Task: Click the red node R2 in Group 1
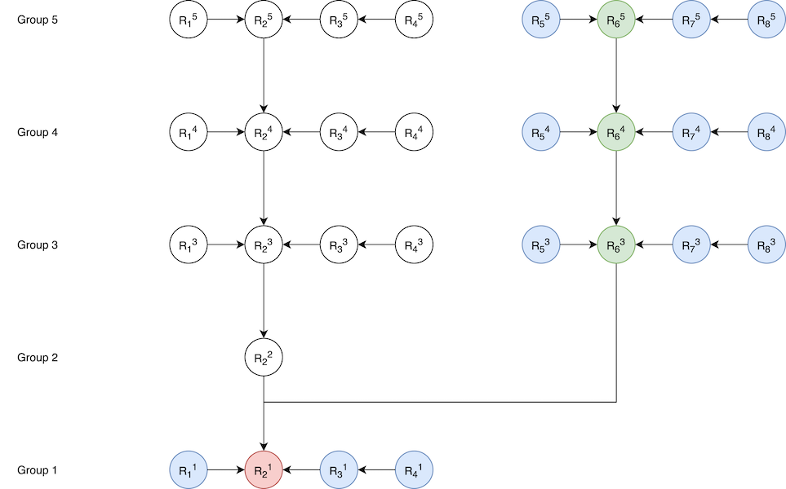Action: point(264,470)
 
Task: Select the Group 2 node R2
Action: point(264,357)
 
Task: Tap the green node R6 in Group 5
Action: point(615,19)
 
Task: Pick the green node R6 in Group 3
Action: point(615,244)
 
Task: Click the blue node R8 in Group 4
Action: point(766,131)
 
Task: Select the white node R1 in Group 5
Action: point(189,19)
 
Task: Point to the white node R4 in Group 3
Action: point(414,244)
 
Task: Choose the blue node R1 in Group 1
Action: point(189,470)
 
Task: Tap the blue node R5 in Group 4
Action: point(540,131)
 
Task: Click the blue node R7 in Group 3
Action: point(691,244)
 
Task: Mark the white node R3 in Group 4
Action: point(339,131)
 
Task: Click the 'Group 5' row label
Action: point(38,19)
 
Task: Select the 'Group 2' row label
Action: point(38,357)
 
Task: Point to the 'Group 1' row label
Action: point(38,470)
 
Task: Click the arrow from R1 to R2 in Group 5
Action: point(226,19)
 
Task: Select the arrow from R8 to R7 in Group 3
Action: point(729,244)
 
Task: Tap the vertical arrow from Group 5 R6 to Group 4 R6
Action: point(615,75)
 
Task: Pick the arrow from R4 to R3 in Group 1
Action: point(376,470)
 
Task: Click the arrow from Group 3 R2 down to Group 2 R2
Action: point(264,301)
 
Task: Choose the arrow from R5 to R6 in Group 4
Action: point(578,131)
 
